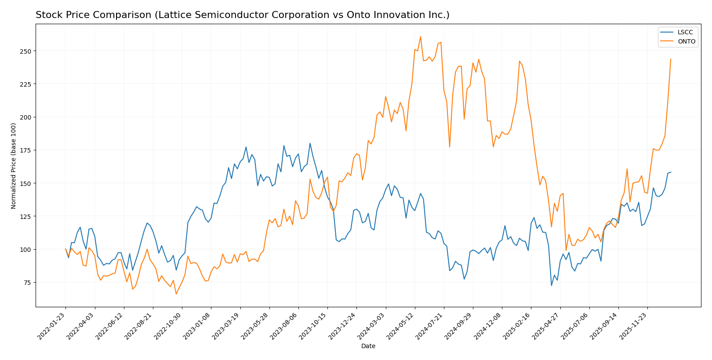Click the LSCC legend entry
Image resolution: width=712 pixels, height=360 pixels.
(x=685, y=32)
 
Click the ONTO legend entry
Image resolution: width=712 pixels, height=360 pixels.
(x=686, y=42)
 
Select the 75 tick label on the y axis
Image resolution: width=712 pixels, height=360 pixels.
(x=27, y=283)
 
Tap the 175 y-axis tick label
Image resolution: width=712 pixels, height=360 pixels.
(x=26, y=150)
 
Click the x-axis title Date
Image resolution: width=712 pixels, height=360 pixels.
(x=368, y=346)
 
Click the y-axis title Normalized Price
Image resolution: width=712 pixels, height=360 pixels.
(x=14, y=166)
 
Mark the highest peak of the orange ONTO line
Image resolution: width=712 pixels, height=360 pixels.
(x=420, y=36)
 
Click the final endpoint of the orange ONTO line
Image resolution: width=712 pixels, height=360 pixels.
(x=671, y=59)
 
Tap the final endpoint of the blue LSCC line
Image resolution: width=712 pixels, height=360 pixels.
(x=671, y=172)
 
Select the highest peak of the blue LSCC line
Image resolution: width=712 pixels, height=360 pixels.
(x=310, y=143)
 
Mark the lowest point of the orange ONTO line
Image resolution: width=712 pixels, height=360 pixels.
(x=176, y=294)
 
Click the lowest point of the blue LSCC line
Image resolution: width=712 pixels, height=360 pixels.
(x=552, y=286)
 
